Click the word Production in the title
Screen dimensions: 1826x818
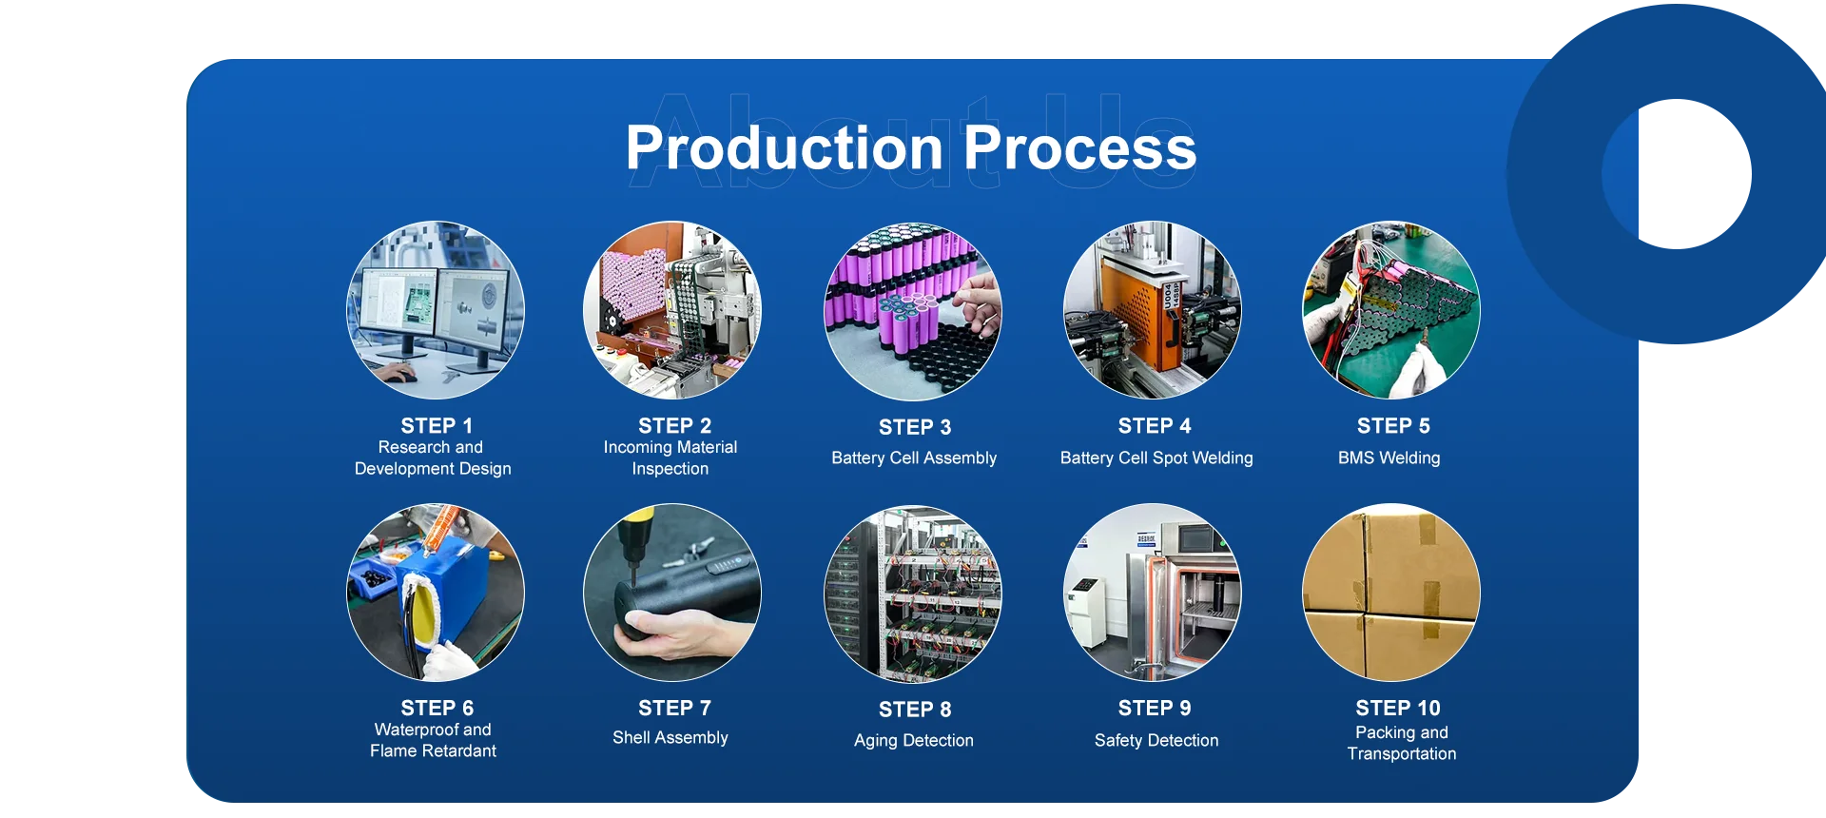coord(784,148)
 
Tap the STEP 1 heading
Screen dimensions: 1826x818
coord(437,425)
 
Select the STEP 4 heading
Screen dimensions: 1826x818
coord(1155,425)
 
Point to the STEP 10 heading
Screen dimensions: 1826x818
coord(1397,708)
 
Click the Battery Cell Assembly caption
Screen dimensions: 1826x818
coord(913,458)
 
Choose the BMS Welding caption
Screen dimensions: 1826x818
coord(1389,458)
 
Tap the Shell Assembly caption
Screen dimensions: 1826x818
coord(670,737)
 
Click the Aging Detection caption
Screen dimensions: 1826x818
coord(913,740)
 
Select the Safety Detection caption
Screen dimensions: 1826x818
coord(1156,740)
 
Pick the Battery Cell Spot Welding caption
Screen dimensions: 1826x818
coord(1156,458)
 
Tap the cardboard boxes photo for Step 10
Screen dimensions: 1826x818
coord(1390,592)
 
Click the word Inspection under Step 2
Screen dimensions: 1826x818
coord(670,468)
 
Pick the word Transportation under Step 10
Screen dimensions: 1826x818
coord(1401,753)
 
